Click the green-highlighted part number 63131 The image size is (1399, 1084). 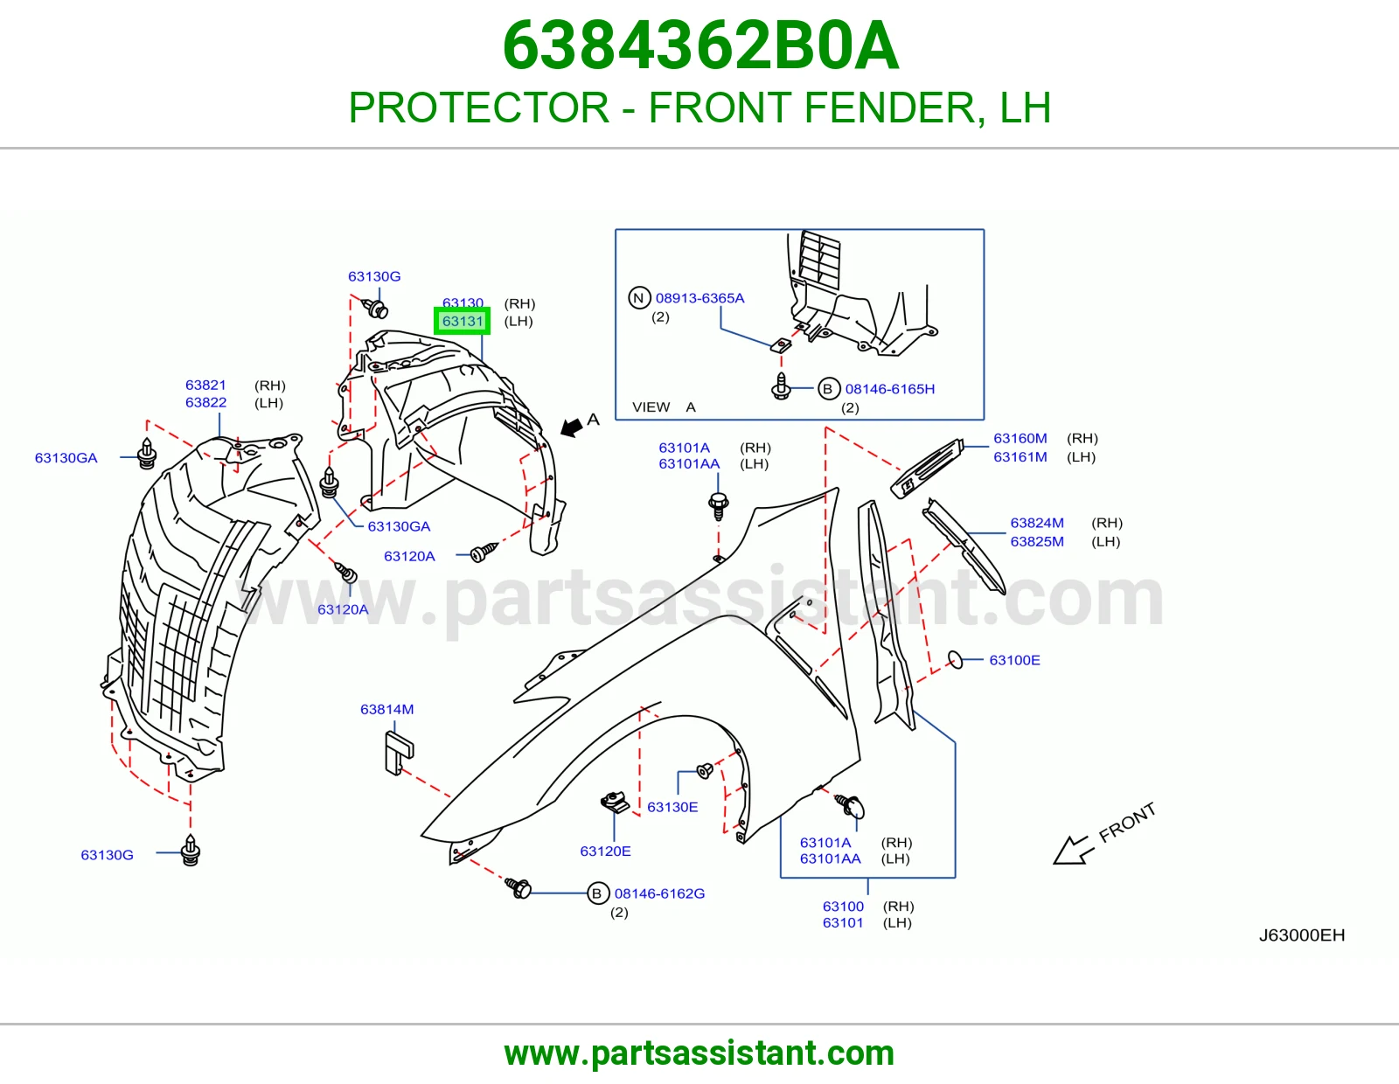coord(463,321)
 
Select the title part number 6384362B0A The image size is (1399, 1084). coord(699,45)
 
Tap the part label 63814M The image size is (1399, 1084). coord(387,709)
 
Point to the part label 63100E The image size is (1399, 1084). coord(1014,660)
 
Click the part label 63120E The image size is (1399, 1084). coord(605,851)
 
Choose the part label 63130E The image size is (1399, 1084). coord(672,807)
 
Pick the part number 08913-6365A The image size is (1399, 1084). coord(699,298)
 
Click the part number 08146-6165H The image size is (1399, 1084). coord(890,389)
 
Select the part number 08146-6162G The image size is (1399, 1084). coord(659,893)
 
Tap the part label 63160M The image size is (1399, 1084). coord(1020,438)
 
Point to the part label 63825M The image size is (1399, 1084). coord(1036,541)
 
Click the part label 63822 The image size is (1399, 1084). coord(205,402)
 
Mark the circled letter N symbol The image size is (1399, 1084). coord(638,298)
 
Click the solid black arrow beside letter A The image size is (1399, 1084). coord(571,427)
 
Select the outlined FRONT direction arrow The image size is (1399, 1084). coord(1070,850)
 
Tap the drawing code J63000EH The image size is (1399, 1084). coord(1302,935)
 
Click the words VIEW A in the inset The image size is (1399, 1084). coord(664,406)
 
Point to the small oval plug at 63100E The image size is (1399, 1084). coord(956,660)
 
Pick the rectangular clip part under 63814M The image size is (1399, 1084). coord(400,753)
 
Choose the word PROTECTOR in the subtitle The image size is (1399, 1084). coord(479,108)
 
